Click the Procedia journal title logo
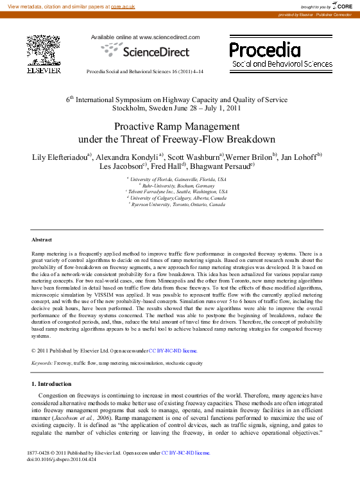264,49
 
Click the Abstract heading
42,239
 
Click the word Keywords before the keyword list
42,363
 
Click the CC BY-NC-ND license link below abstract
173,351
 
